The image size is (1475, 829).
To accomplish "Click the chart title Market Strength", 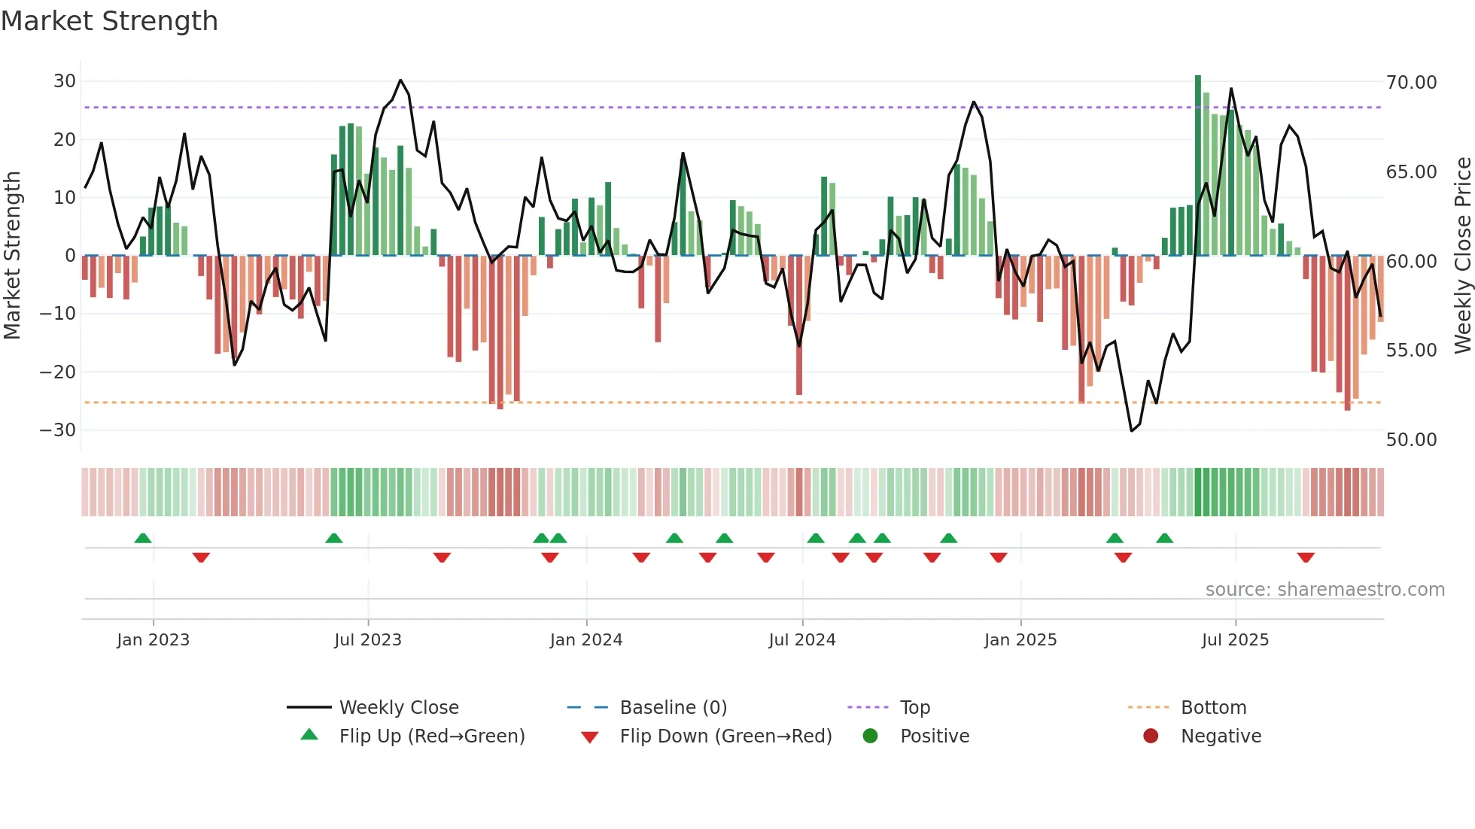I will (x=109, y=21).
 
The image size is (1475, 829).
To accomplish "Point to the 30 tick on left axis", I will (x=65, y=81).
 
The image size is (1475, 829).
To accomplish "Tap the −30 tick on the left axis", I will (x=58, y=430).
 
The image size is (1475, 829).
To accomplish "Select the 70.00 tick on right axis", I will (x=1411, y=83).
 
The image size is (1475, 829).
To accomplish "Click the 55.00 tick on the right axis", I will (x=1411, y=351).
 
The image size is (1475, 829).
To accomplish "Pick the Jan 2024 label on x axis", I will (x=586, y=640).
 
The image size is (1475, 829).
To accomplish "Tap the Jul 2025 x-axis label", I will (x=1235, y=640).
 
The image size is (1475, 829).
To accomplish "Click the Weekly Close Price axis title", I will (x=1462, y=256).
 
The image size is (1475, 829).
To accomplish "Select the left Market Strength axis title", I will (x=12, y=256).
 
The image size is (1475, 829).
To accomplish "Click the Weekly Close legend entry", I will (x=398, y=708).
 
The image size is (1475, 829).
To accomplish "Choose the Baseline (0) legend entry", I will (x=673, y=708).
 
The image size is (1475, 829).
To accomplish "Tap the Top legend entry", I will (x=915, y=708).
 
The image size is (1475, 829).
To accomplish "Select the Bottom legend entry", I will (x=1213, y=708).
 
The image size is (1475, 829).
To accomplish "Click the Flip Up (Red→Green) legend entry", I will (x=431, y=736).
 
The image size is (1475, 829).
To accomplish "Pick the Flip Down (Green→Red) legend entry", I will (x=725, y=736).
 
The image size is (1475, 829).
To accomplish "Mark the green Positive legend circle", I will (x=870, y=736).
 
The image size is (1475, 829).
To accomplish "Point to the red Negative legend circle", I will (x=1151, y=736).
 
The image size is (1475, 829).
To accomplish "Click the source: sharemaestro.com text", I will (x=1324, y=590).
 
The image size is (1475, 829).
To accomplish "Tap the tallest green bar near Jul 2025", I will (x=1198, y=165).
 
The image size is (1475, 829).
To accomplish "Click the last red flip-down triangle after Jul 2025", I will (x=1306, y=557).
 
